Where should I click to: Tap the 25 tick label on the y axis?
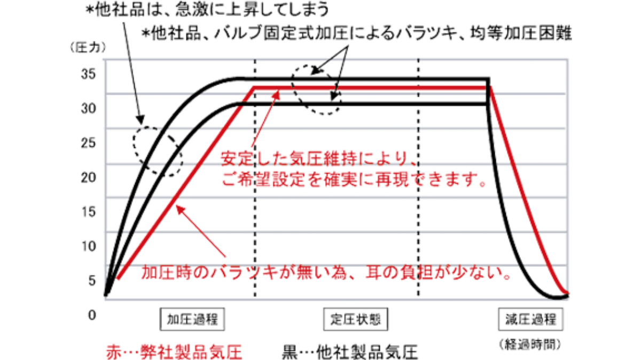(89, 143)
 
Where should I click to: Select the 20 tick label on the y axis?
(89, 177)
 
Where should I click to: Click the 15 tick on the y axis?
(89, 212)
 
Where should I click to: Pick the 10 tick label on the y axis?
(89, 246)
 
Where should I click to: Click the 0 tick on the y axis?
(91, 315)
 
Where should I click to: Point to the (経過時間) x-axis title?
(530, 345)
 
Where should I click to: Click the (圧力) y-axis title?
(89, 48)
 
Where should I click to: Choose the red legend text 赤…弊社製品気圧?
(174, 353)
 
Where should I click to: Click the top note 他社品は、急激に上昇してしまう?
(208, 10)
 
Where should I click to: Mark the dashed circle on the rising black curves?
(158, 151)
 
